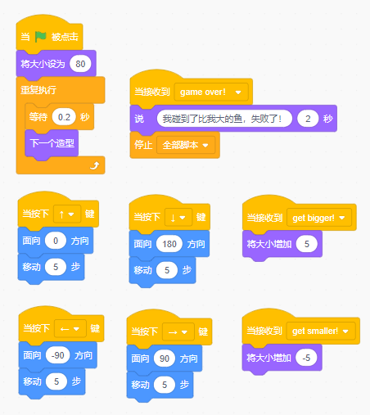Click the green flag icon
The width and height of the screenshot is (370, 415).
(x=41, y=37)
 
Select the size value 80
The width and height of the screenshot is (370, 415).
(x=80, y=64)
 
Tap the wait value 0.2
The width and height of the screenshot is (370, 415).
(x=64, y=117)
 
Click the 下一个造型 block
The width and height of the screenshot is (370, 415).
(x=52, y=143)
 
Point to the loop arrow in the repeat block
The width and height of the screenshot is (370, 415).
(x=95, y=165)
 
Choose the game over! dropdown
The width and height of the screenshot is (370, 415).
(x=211, y=92)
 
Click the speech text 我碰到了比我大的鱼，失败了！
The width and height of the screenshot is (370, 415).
(x=224, y=119)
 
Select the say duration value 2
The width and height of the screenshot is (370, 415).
(x=308, y=119)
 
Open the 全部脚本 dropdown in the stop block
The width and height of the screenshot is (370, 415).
(x=186, y=145)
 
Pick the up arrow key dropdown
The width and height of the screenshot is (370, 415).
(x=67, y=214)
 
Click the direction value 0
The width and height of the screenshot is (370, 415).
(x=56, y=241)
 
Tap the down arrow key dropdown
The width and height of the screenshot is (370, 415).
(x=178, y=218)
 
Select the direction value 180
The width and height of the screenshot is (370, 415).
(x=169, y=244)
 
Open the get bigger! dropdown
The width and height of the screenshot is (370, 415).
(x=319, y=218)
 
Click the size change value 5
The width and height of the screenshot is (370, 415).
(x=307, y=244)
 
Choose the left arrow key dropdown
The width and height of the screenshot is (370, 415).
(x=70, y=329)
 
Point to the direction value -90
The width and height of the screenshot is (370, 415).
(x=58, y=355)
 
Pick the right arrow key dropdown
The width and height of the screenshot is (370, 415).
(x=178, y=332)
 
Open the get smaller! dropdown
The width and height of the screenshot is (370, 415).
(x=321, y=332)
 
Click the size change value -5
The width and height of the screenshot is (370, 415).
(x=306, y=358)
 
